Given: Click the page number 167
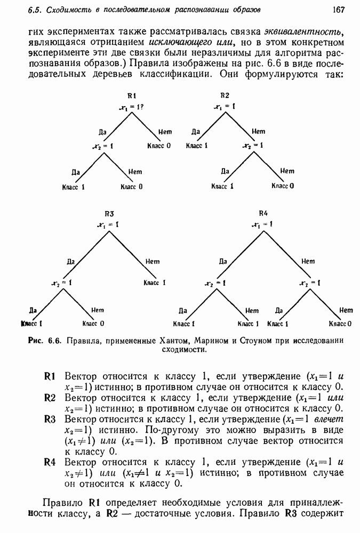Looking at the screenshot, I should tap(339, 10).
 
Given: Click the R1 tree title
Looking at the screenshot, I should tap(132, 96).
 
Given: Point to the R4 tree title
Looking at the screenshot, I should tap(262, 214).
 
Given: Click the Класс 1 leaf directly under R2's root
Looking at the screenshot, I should tap(196, 145).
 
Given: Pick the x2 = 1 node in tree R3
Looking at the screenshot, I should tap(63, 282).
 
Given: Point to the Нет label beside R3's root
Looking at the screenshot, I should tap(153, 261).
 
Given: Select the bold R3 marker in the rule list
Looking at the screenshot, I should tap(50, 419).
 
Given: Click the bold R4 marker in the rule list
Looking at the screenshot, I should tap(50, 462).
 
